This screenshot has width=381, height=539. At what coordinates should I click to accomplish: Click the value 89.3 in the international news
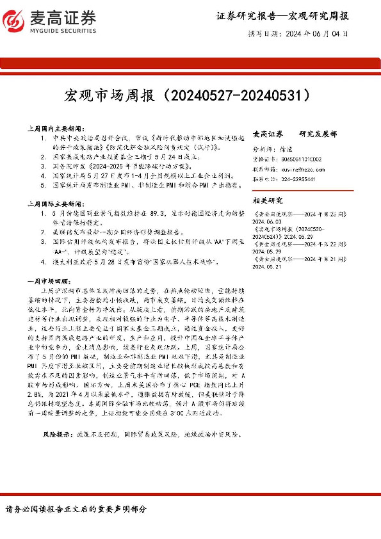(157, 211)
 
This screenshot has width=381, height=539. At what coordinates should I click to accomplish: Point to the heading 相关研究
(267, 199)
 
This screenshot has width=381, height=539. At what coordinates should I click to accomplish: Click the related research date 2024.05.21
(270, 266)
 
